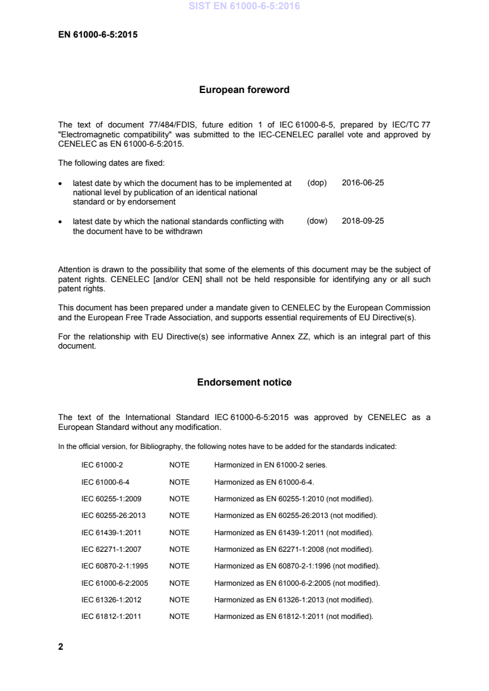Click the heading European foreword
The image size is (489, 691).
244,90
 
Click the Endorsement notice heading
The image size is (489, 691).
244,382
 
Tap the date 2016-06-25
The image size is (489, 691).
363,183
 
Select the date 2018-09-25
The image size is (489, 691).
363,221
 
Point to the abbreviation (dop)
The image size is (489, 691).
317,183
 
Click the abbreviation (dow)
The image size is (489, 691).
317,221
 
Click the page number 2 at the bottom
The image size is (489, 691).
60,647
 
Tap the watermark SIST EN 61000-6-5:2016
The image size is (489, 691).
244,7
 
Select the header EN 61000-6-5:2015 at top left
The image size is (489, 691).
97,34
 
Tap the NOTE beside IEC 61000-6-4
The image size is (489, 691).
179,482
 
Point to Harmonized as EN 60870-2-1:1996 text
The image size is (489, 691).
297,565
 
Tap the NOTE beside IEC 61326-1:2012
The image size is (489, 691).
179,599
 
